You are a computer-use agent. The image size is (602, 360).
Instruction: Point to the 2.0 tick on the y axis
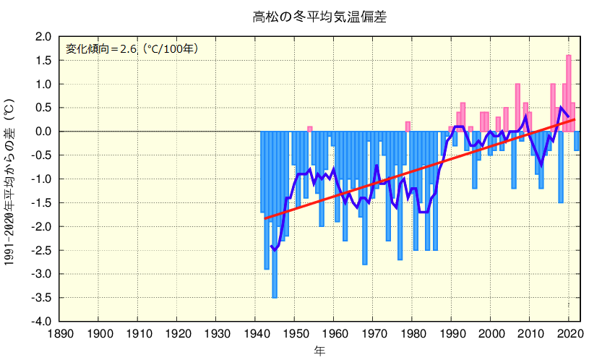coord(43,37)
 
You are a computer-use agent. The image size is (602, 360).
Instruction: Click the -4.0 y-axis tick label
coord(42,321)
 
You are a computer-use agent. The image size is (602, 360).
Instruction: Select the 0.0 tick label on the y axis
coord(43,132)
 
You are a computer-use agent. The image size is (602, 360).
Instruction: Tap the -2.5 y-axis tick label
coord(42,250)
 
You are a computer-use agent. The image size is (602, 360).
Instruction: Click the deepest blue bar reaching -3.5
coord(275,217)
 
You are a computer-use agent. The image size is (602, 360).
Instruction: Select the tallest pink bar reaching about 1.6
coord(569,90)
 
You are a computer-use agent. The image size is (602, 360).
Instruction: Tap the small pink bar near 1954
coord(310,129)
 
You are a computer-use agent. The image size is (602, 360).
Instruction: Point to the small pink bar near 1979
coord(408,127)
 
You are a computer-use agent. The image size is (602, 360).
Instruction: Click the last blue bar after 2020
coord(577,141)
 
